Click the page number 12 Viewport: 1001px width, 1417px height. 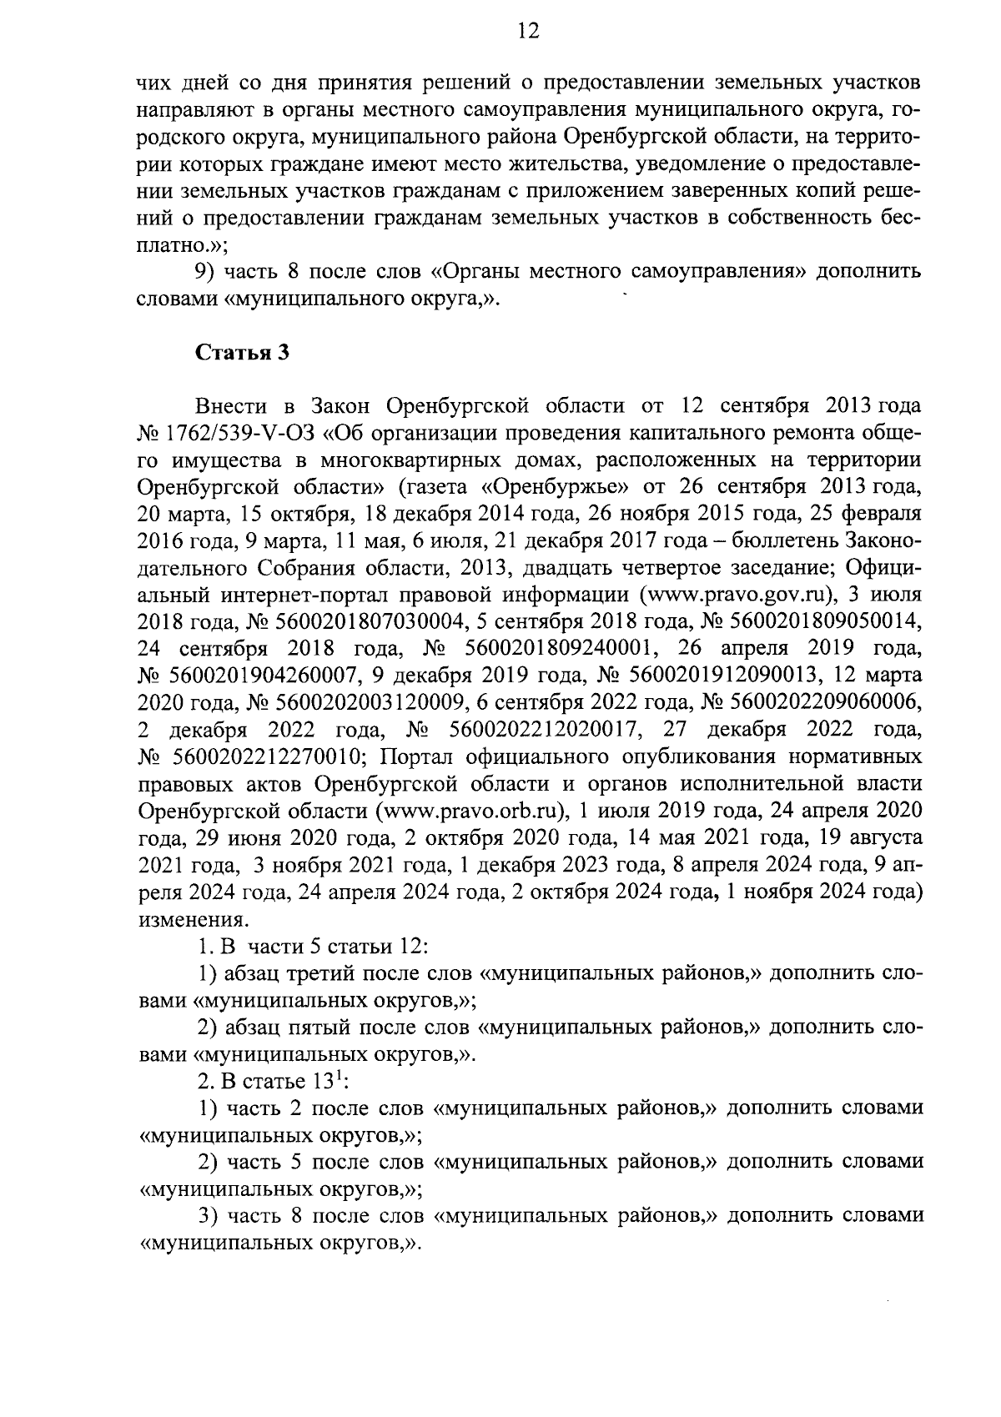pyautogui.click(x=529, y=31)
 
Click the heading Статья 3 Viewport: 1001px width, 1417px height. pyautogui.click(x=242, y=352)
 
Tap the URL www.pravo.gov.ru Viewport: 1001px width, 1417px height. pyautogui.click(x=737, y=595)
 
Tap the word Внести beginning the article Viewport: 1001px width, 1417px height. pyautogui.click(x=231, y=406)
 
